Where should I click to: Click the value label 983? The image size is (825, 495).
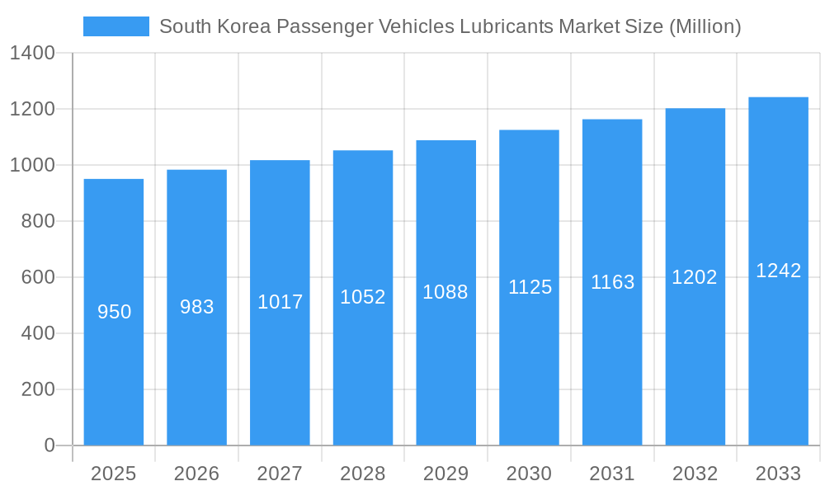click(197, 307)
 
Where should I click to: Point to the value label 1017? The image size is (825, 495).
click(280, 302)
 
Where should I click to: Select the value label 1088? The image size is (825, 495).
click(445, 292)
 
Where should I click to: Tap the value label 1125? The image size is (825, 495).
click(530, 287)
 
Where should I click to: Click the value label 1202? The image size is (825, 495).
click(695, 277)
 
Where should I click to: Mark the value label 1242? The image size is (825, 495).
click(779, 271)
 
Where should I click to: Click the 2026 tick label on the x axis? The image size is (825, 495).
click(197, 474)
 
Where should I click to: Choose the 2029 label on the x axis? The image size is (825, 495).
click(445, 474)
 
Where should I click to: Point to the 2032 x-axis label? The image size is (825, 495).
click(695, 474)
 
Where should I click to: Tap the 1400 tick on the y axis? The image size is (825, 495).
click(32, 54)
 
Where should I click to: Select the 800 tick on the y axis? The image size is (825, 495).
click(38, 221)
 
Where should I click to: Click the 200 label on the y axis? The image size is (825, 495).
click(38, 389)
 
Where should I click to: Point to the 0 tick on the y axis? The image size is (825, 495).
click(49, 445)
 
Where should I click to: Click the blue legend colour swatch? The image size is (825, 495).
click(116, 26)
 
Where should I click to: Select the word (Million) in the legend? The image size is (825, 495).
click(705, 26)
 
